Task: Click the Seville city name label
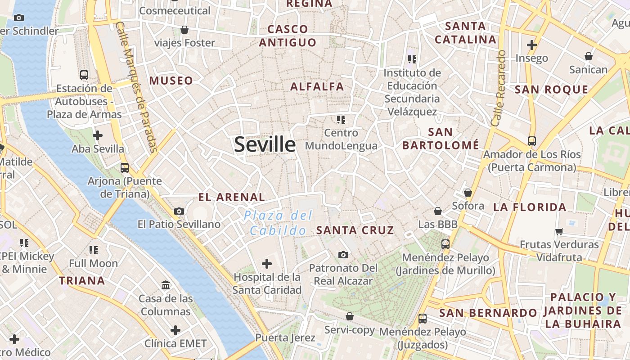click(265, 144)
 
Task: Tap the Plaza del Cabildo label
click(278, 223)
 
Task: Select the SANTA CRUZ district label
click(355, 230)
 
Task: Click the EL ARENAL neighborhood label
click(232, 197)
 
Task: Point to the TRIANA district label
click(82, 281)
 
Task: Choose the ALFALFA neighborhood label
click(317, 87)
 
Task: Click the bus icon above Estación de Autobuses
click(84, 75)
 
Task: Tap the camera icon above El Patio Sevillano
click(179, 211)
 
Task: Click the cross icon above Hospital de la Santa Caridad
click(267, 263)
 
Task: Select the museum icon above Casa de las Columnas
click(166, 285)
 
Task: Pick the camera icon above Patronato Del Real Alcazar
click(343, 255)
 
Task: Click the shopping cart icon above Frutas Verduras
click(559, 231)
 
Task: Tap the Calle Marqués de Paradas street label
click(136, 86)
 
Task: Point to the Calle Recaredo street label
click(499, 88)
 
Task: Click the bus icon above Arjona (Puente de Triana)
click(125, 168)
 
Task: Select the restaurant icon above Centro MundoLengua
click(341, 120)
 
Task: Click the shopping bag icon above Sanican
click(588, 57)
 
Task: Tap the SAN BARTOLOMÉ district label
click(441, 139)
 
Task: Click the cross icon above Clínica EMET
click(175, 330)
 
